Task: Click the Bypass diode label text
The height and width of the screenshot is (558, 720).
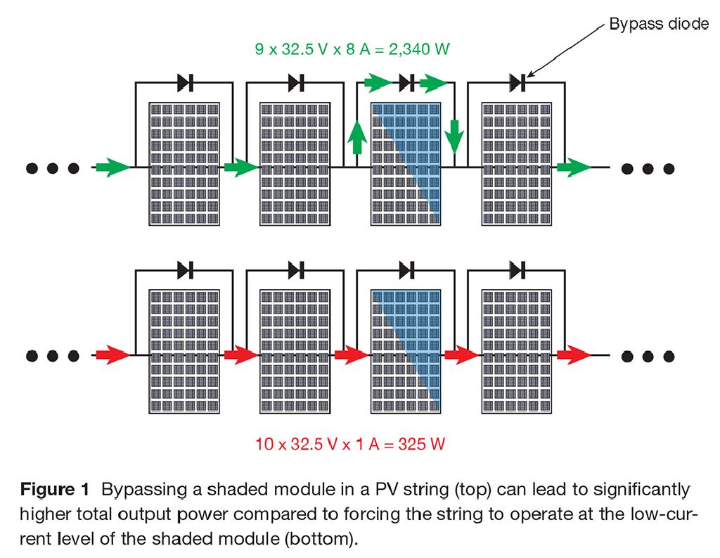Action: tap(658, 24)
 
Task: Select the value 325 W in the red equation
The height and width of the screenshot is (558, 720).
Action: tap(422, 444)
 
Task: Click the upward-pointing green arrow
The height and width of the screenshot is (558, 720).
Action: tap(356, 137)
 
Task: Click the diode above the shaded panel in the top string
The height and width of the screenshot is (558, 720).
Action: tap(406, 83)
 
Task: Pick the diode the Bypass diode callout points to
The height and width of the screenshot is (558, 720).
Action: tap(517, 83)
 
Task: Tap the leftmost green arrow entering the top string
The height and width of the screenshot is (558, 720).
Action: tap(110, 167)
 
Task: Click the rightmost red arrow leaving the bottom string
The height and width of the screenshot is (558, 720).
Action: tap(573, 355)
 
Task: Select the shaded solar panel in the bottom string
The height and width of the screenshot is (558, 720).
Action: tap(406, 351)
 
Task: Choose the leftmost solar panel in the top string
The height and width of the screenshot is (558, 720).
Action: tap(184, 164)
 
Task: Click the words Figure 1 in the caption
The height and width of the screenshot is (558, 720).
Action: tap(54, 489)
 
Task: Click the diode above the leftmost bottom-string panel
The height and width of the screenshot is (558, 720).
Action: tap(185, 270)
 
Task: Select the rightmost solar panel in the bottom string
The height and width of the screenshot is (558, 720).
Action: tap(517, 351)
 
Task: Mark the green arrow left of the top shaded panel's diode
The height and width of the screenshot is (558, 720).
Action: tap(378, 83)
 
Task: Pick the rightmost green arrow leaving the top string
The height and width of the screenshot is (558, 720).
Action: tap(573, 167)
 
